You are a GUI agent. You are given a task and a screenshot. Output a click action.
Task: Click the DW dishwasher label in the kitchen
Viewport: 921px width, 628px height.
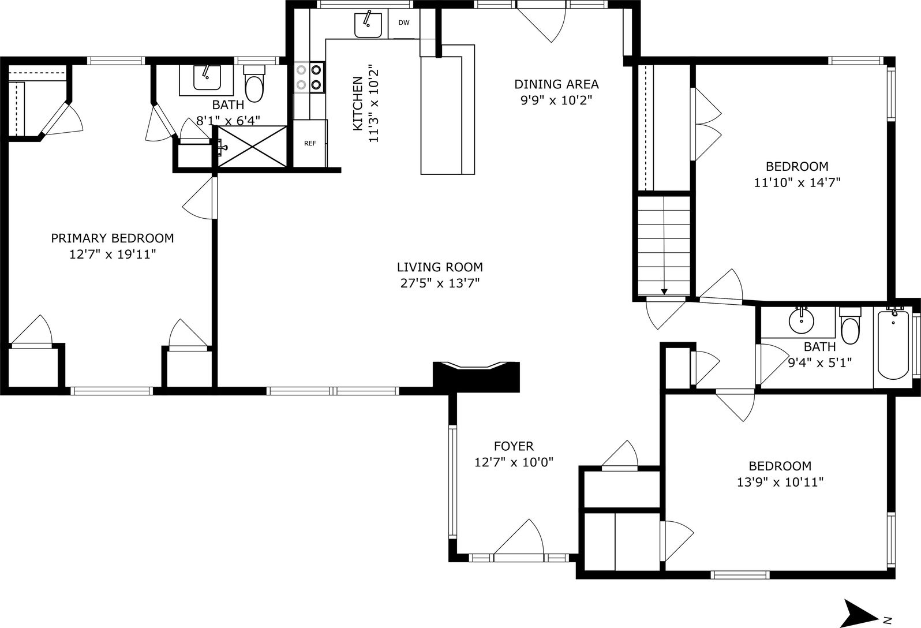tap(404, 23)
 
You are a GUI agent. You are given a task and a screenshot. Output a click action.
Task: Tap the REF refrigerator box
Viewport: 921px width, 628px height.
tap(310, 144)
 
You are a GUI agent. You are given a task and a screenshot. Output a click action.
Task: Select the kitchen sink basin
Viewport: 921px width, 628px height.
tap(368, 24)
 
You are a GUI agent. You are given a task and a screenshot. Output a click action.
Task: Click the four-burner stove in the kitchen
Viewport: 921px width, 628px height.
tap(309, 77)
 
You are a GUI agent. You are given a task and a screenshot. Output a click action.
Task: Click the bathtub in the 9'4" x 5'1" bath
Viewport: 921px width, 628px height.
tap(893, 346)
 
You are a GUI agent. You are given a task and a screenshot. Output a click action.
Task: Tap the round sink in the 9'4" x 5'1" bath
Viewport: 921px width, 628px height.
tap(801, 321)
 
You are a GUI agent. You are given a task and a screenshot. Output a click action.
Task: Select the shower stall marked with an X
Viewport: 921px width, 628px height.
tap(252, 147)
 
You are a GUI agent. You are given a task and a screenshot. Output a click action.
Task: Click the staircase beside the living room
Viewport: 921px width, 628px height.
tap(664, 245)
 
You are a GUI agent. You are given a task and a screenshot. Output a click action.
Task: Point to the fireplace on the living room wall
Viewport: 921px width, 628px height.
tap(477, 376)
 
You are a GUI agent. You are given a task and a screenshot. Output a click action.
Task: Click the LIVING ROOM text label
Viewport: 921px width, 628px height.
tap(440, 267)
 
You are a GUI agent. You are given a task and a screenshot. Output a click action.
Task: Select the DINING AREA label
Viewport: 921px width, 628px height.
tap(556, 84)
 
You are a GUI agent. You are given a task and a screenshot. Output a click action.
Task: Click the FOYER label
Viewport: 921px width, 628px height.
tap(514, 446)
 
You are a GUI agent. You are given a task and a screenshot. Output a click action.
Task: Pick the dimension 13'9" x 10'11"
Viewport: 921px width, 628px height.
tap(780, 482)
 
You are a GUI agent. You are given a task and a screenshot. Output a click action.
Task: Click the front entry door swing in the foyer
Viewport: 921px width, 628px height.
tap(519, 540)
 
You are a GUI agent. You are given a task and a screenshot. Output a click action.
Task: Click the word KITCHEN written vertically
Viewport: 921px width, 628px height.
tap(357, 103)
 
